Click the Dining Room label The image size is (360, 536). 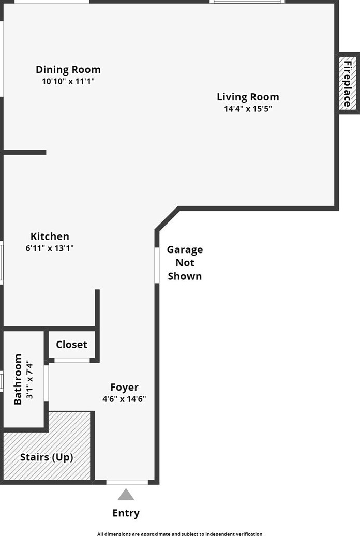68,69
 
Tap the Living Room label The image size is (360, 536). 248,97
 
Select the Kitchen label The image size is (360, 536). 50,236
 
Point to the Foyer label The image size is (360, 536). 124,387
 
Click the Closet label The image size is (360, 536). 71,345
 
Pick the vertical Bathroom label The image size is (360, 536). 18,379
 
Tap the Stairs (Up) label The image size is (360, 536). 47,457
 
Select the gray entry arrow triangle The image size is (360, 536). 126,495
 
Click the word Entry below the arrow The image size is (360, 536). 126,513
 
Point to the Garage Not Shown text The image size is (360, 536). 185,263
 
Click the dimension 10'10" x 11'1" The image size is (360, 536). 68,81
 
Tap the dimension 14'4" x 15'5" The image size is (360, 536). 248,109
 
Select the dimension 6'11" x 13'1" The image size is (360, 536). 50,248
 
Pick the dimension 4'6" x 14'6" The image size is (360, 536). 124,399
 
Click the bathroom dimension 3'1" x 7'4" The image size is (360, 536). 29,379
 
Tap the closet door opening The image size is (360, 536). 72,360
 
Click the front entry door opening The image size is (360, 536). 127,482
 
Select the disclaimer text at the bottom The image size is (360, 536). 179,533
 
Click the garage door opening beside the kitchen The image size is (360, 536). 157,265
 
